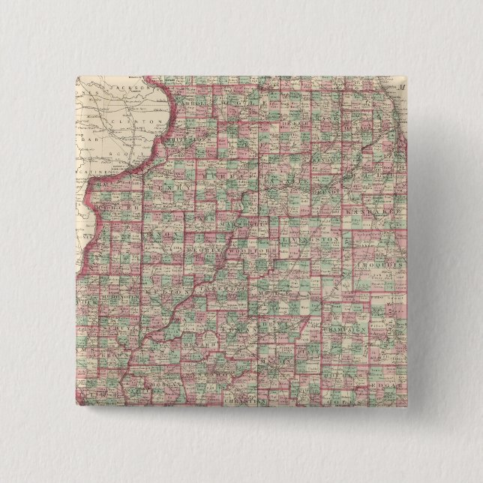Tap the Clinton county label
coord(142,120)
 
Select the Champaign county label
coord(344,329)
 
